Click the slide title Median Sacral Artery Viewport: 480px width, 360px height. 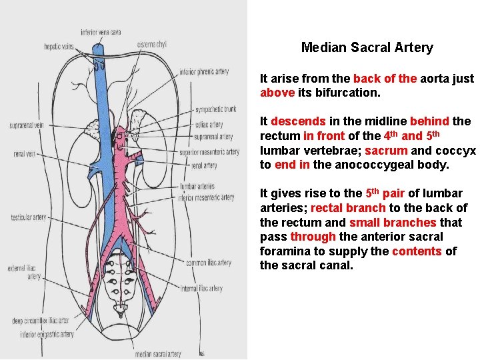click(367, 47)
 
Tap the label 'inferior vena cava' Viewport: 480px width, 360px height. click(101, 31)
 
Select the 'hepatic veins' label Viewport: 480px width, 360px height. click(59, 47)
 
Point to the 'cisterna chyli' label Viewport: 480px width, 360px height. click(152, 44)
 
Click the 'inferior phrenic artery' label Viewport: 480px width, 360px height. click(204, 72)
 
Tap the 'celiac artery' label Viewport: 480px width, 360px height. click(209, 124)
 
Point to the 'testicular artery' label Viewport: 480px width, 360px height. click(29, 217)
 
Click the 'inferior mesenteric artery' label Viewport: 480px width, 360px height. click(206, 197)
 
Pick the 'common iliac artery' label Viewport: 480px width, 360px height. click(209, 263)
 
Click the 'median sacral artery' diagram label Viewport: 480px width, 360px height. click(157, 354)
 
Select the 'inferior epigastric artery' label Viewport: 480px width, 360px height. click(47, 335)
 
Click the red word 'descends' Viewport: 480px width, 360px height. click(299, 121)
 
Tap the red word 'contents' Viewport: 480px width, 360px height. click(417, 251)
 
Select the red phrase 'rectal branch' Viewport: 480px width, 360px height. click(348, 208)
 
